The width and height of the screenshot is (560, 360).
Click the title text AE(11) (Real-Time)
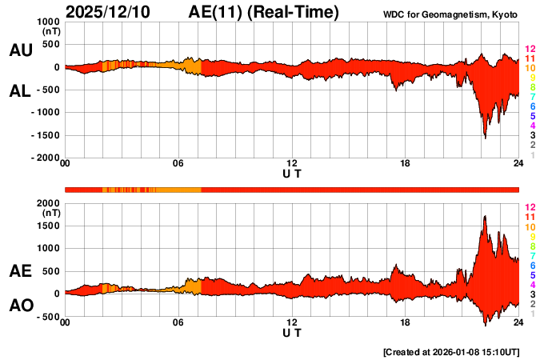click(x=264, y=12)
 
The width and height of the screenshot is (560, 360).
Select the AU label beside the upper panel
click(x=20, y=50)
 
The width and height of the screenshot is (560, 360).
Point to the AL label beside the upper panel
click(x=20, y=91)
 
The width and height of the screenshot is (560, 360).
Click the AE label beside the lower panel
click(x=20, y=271)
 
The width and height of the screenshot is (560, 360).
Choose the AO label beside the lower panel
click(x=20, y=306)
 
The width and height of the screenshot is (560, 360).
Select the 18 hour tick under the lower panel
click(x=406, y=322)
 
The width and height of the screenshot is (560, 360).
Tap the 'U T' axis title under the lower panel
click(x=292, y=333)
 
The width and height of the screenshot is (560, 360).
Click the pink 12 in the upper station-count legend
click(x=529, y=50)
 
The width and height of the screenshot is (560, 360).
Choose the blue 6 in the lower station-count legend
click(x=532, y=265)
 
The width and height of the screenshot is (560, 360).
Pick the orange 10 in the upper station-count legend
click(x=529, y=69)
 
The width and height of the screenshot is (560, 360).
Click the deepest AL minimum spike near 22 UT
click(x=485, y=138)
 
